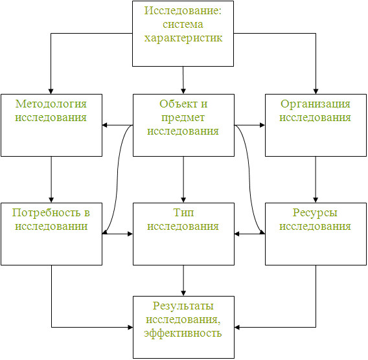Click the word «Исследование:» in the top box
[x=183, y=10]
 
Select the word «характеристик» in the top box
[x=183, y=38]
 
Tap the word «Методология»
[x=51, y=104]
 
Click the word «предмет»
[x=183, y=118]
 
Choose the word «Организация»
[x=316, y=104]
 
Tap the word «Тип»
[x=183, y=213]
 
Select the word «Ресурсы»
[x=315, y=213]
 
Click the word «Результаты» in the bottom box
[x=183, y=306]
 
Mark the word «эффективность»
[x=183, y=333]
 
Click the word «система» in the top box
[x=183, y=25]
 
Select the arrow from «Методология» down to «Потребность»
[x=51, y=179]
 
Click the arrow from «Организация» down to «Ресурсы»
[x=316, y=179]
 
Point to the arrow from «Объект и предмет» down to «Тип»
[x=183, y=179]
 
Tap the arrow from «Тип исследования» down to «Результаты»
[x=183, y=280]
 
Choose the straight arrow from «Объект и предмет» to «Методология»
[x=117, y=125]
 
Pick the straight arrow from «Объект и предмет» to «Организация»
[x=249, y=125]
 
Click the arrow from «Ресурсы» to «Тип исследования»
[x=249, y=234]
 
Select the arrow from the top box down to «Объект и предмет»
[x=183, y=80]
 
